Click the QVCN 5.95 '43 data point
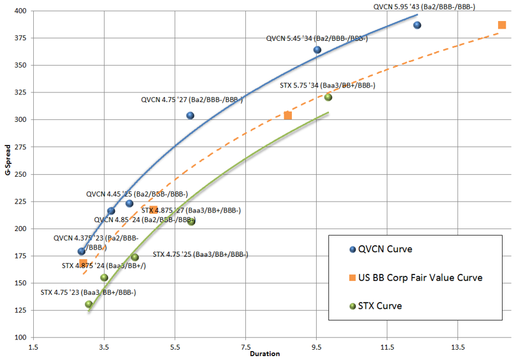(417, 26)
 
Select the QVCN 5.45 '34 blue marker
(317, 50)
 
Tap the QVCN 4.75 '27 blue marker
(190, 116)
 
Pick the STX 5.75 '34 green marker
(328, 97)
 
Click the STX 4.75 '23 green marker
(89, 304)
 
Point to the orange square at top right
(502, 26)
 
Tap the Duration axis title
(264, 354)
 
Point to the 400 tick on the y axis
(19, 11)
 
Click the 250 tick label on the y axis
(19, 174)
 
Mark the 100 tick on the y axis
(19, 338)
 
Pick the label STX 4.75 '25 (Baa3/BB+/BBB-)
(201, 254)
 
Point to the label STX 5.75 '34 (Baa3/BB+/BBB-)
(328, 86)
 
